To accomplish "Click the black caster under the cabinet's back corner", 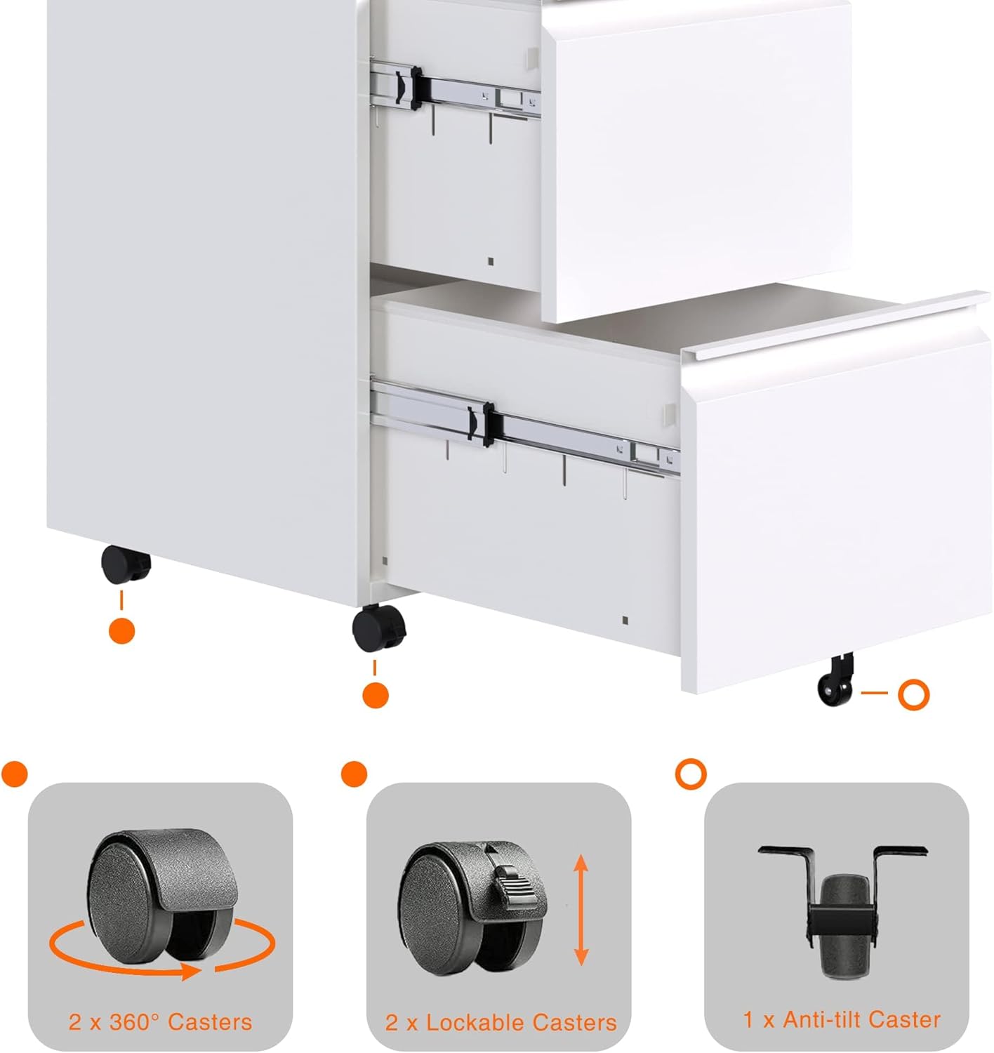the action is tap(126, 564).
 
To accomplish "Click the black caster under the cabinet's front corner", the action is tap(379, 628).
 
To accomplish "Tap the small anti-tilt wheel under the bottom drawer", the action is tap(835, 680).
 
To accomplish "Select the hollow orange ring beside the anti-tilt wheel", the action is tap(913, 694).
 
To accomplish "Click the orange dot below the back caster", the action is tap(121, 631).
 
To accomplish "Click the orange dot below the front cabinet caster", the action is tap(376, 695).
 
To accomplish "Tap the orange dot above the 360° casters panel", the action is tap(14, 774).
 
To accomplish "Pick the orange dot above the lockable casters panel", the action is tap(354, 774).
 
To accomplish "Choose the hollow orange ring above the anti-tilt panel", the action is tap(691, 774).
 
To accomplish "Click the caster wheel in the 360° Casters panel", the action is tap(162, 896).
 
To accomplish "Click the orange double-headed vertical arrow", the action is tap(581, 910).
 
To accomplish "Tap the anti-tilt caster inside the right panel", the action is tap(843, 911).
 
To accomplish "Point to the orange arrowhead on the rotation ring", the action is tap(190, 972).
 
